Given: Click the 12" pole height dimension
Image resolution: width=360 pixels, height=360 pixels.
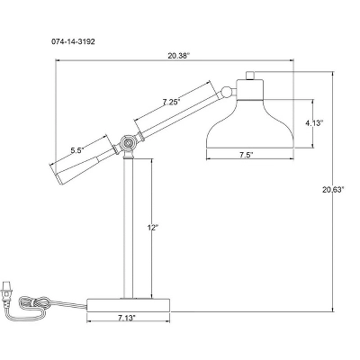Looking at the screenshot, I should (x=153, y=229).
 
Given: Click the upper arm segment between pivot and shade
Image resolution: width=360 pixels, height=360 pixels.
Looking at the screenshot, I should (x=175, y=116).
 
